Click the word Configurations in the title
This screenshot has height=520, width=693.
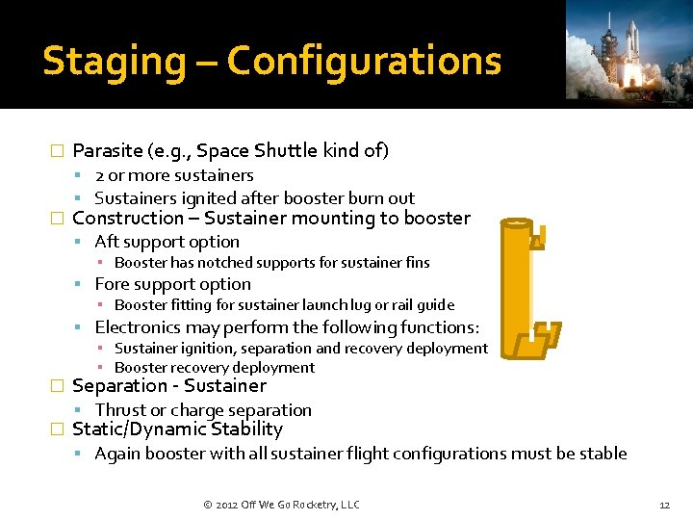pos(364,62)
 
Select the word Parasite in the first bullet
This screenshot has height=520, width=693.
pos(106,150)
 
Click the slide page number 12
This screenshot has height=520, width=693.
pos(663,505)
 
